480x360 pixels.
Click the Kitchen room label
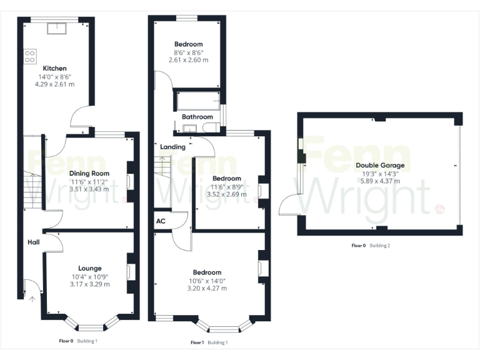pyautogui.click(x=54, y=68)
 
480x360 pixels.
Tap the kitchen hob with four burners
pyautogui.click(x=29, y=57)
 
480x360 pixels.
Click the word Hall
pyautogui.click(x=33, y=242)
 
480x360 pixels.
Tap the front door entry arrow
pyautogui.click(x=31, y=296)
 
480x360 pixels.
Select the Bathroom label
pyautogui.click(x=197, y=117)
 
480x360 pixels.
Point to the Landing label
pyautogui.click(x=172, y=147)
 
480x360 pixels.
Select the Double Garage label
pyautogui.click(x=380, y=166)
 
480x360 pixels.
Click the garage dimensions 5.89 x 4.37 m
pyautogui.click(x=379, y=181)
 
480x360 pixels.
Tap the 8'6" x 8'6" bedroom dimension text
pyautogui.click(x=188, y=52)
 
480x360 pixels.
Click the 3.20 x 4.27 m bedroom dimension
pyautogui.click(x=207, y=288)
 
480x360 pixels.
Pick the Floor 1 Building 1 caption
pyautogui.click(x=209, y=342)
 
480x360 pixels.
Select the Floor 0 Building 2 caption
pyautogui.click(x=371, y=246)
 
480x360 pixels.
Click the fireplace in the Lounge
pyautogui.click(x=129, y=272)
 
